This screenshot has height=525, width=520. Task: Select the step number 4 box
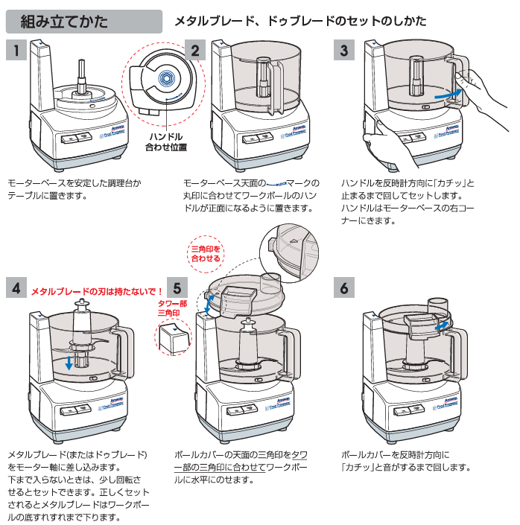point(16,287)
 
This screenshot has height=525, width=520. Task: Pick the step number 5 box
point(176,287)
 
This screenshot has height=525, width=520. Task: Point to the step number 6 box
point(343,287)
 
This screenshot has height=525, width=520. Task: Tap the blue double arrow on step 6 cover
point(442,325)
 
